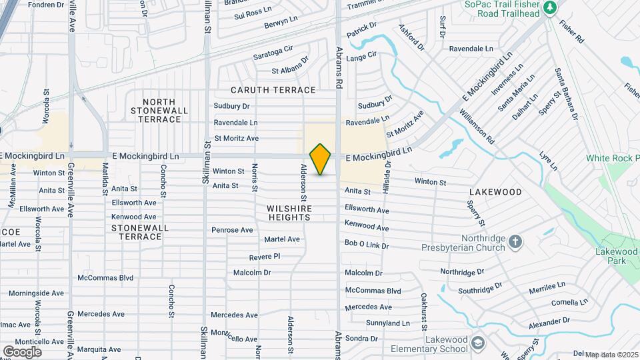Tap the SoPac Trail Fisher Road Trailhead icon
coord(549,8)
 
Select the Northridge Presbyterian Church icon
coord(515,241)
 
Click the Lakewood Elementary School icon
coord(477,343)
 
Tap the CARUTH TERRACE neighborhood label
coord(273,90)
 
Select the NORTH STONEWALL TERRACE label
coord(160,110)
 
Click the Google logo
coord(22,351)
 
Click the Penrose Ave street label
coord(232,230)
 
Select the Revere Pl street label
coord(264,257)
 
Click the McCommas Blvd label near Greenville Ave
coord(105,278)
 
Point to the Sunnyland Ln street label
coord(387,323)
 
